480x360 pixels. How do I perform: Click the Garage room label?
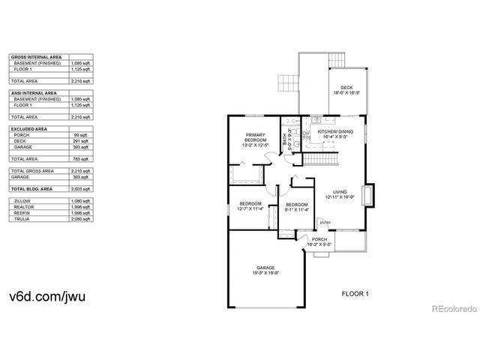(265, 270)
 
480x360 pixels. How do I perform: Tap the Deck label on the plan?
(345, 90)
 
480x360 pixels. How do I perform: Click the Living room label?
(339, 193)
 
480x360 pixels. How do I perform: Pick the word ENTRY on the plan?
(325, 222)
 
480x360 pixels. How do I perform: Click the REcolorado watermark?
(450, 307)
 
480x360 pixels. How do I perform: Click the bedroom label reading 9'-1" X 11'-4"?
(297, 208)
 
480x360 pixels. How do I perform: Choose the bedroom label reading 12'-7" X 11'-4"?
(250, 206)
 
